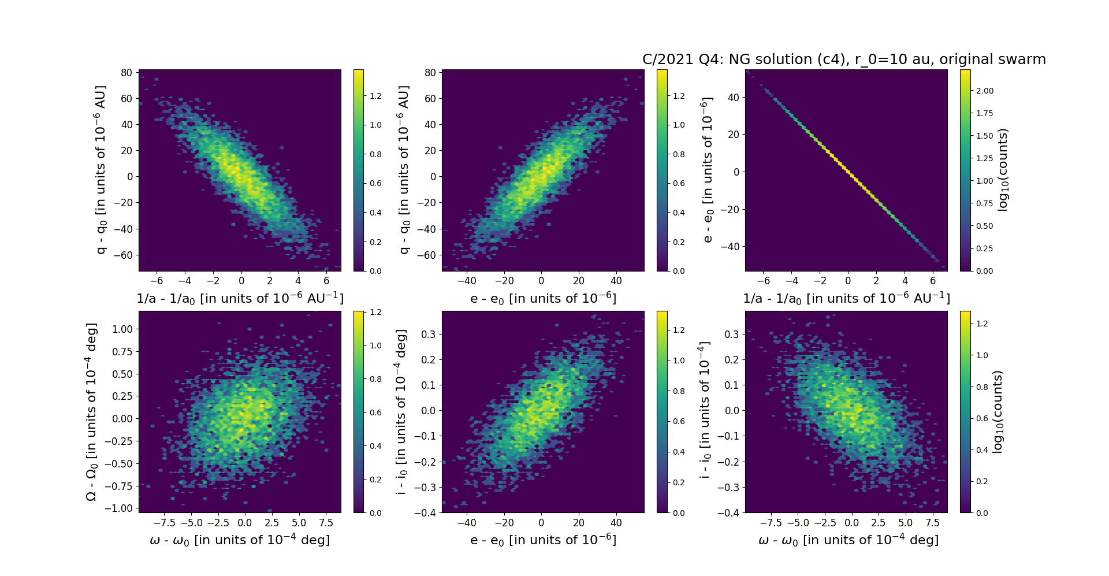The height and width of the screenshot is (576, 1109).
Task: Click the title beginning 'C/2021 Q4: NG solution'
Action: point(844,60)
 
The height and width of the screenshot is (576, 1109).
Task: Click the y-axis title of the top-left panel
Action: point(101,170)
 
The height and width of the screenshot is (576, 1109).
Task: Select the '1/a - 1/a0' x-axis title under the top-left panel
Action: point(240,298)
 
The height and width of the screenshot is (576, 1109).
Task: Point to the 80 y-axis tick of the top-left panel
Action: point(126,72)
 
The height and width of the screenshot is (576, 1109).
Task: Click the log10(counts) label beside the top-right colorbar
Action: point(1003,170)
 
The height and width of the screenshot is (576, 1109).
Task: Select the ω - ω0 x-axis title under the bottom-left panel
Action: point(240,540)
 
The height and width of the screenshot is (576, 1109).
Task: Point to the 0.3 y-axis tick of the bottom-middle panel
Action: point(427,334)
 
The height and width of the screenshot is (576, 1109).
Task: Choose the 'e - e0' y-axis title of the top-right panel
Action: point(708,170)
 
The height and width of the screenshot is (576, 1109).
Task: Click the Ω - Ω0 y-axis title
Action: point(91,411)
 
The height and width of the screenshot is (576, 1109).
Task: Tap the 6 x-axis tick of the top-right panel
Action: point(933,281)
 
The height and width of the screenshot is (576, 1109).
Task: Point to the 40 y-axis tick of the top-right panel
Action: point(733,97)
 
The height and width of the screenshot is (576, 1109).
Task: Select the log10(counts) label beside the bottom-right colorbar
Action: point(998,411)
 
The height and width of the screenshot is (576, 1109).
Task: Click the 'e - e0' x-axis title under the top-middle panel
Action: point(543,298)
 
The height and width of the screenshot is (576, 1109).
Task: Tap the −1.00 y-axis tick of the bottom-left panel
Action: point(118,508)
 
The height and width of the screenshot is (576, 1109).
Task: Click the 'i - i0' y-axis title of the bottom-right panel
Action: point(705,411)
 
